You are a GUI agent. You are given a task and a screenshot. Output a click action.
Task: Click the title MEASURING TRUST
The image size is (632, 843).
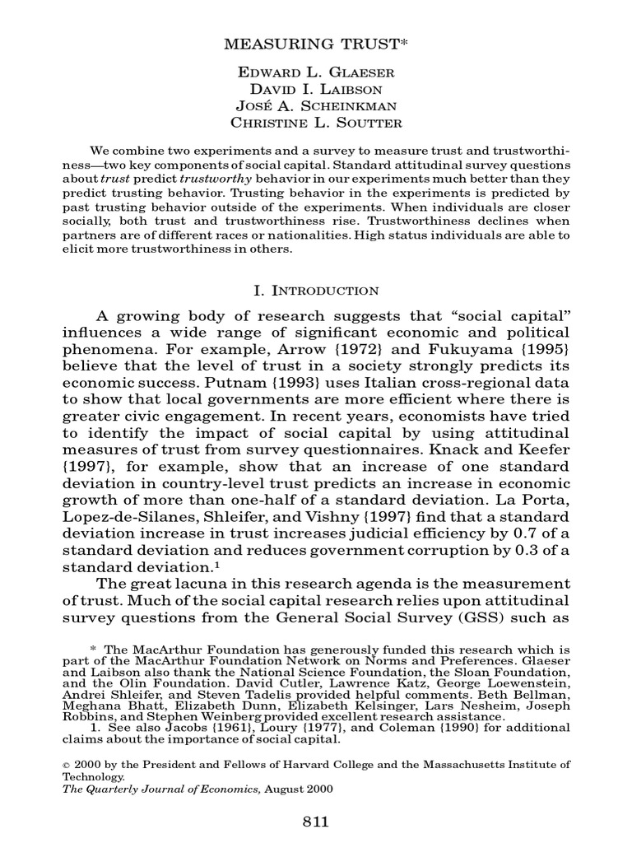[x=315, y=44]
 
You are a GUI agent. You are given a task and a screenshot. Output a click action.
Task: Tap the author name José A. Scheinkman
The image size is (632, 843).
[x=315, y=108]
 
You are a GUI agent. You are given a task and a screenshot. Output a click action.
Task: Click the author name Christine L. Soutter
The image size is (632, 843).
[x=315, y=124]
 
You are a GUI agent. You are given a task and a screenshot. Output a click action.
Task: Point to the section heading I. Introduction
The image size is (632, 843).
[x=315, y=290]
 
